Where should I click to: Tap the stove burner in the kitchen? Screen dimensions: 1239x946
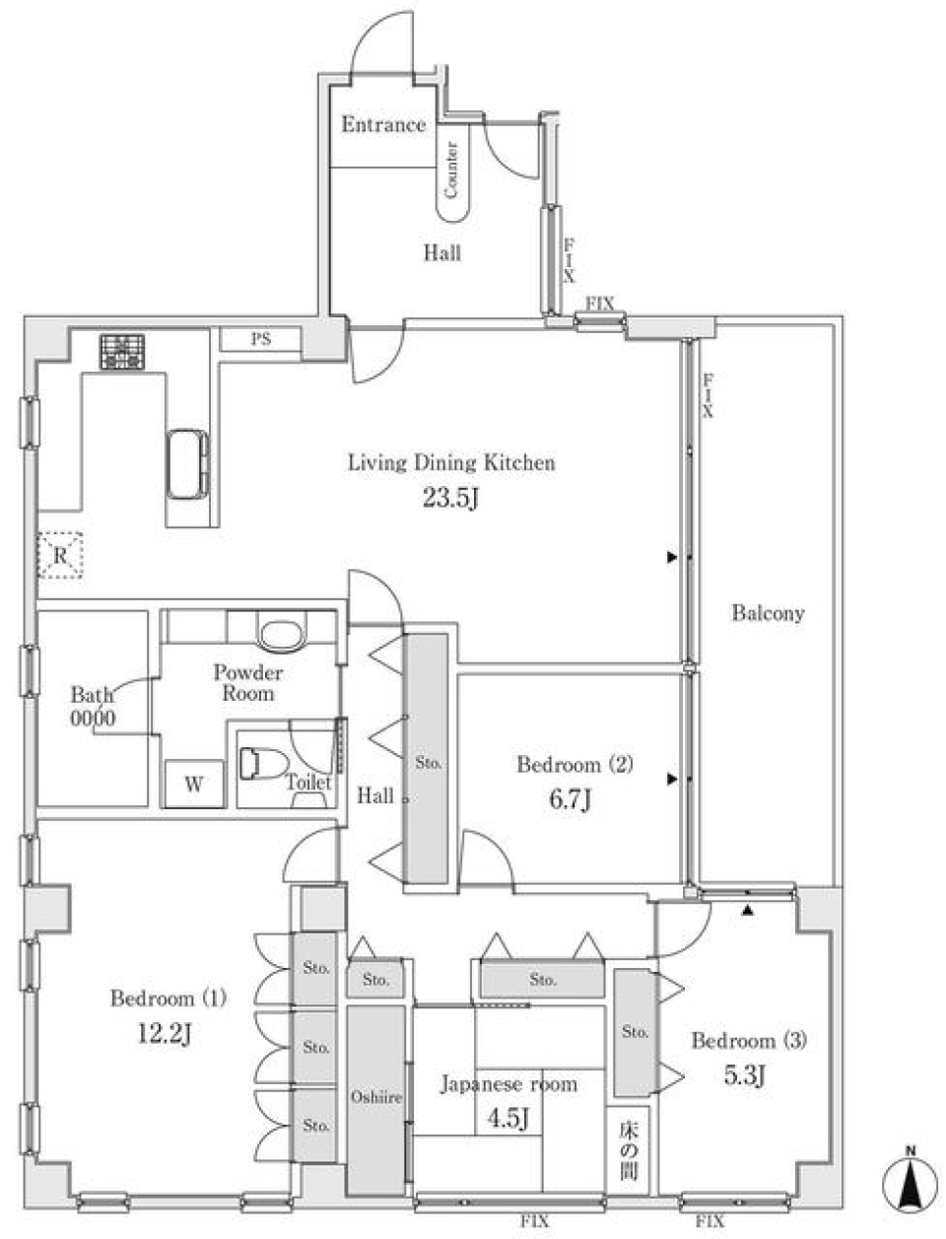click(121, 352)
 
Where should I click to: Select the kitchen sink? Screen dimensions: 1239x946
click(186, 463)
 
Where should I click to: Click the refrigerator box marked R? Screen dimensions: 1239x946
click(60, 556)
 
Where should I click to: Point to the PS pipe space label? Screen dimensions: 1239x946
click(260, 340)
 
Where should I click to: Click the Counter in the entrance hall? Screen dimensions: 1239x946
click(452, 173)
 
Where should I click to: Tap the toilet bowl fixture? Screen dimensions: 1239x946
click(262, 763)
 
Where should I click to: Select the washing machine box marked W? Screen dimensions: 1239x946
click(194, 785)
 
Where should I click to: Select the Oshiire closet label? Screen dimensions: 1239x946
click(374, 1096)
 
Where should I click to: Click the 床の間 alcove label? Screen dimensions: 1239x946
click(628, 1150)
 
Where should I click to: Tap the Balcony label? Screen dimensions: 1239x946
click(768, 613)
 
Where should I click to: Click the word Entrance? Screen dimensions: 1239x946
click(383, 124)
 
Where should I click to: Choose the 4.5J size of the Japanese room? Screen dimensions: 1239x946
click(508, 1119)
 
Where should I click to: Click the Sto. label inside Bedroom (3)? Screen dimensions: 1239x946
click(636, 1032)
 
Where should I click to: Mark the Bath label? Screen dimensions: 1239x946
click(91, 695)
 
